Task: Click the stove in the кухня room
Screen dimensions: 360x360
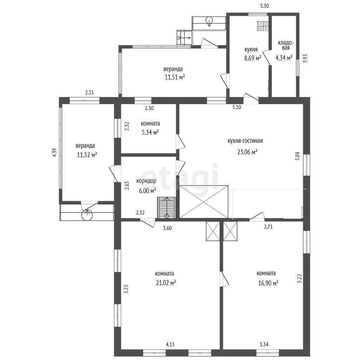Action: pyautogui.click(x=263, y=26)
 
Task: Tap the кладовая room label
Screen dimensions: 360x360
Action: pyautogui.click(x=285, y=45)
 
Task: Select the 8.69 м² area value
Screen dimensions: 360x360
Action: pyautogui.click(x=253, y=58)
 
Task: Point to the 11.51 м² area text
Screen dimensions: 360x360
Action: pyautogui.click(x=175, y=77)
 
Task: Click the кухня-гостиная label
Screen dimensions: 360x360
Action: pyautogui.click(x=245, y=141)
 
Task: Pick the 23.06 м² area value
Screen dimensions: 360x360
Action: pyautogui.click(x=247, y=152)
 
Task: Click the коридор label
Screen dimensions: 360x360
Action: pyautogui.click(x=146, y=181)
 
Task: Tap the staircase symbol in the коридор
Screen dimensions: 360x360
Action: pyautogui.click(x=167, y=207)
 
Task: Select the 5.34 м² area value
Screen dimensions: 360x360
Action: pyautogui.click(x=150, y=132)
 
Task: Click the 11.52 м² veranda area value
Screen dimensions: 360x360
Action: pyautogui.click(x=87, y=155)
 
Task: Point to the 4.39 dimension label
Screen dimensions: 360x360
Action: pyautogui.click(x=54, y=153)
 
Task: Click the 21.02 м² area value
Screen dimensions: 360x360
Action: pyautogui.click(x=166, y=283)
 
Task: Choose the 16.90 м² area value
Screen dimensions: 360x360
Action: pyautogui.click(x=268, y=283)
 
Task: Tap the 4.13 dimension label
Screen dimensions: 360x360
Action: pyautogui.click(x=170, y=344)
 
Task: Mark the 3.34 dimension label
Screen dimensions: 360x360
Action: pyautogui.click(x=264, y=344)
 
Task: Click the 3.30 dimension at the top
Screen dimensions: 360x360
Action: pyautogui.click(x=264, y=6)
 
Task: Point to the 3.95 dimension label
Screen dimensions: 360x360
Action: pyautogui.click(x=305, y=58)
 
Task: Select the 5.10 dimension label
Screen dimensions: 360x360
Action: pyautogui.click(x=237, y=107)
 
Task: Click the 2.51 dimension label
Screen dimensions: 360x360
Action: pyautogui.click(x=90, y=93)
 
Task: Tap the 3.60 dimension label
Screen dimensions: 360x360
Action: pyautogui.click(x=167, y=228)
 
